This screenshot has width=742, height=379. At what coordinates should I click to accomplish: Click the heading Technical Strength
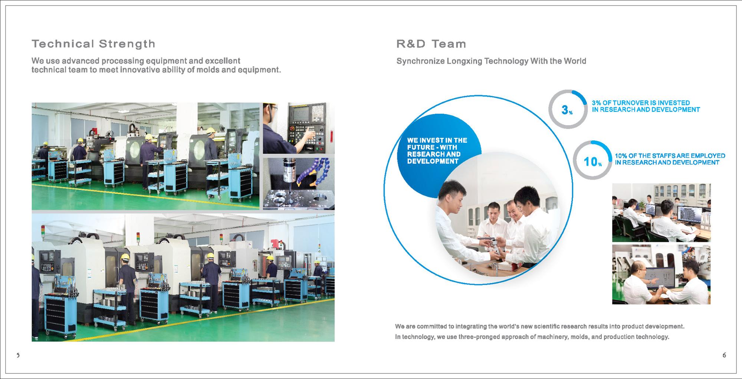click(x=93, y=44)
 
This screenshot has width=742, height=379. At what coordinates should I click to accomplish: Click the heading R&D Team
click(x=431, y=44)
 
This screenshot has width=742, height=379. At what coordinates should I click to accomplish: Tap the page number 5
click(x=18, y=355)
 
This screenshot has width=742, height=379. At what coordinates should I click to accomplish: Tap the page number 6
click(x=724, y=355)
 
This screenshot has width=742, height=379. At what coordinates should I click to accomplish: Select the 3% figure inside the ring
click(x=567, y=110)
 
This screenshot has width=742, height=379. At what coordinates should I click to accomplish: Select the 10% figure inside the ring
click(x=592, y=162)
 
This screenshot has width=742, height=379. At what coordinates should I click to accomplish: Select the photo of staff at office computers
click(x=661, y=213)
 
